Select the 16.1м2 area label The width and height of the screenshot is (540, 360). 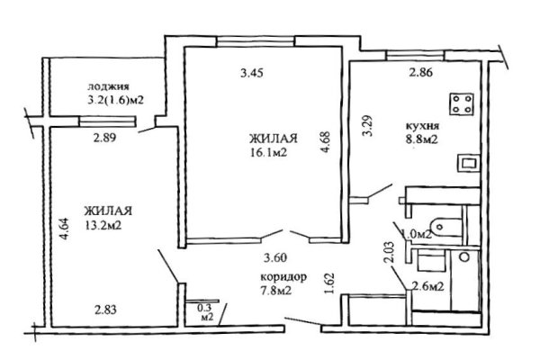click(x=269, y=153)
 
